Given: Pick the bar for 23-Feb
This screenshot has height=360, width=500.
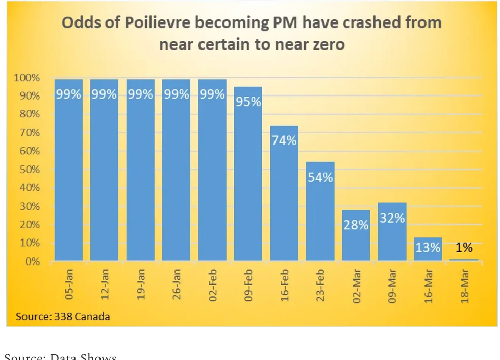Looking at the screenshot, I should [320, 211].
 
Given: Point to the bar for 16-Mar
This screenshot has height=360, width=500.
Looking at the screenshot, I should [428, 250].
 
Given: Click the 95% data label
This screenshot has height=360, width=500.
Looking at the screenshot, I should [248, 102].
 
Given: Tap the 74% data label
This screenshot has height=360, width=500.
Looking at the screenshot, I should [284, 140].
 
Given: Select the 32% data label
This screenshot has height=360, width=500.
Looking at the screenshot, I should [392, 218].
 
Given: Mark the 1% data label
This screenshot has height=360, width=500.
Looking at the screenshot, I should [464, 248].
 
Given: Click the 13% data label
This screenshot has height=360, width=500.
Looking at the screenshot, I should [428, 248].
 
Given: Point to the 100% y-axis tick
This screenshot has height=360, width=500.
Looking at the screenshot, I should [27, 78].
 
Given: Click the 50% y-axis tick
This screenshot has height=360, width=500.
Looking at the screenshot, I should [29, 170].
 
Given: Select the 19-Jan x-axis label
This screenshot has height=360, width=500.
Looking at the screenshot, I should [141, 284].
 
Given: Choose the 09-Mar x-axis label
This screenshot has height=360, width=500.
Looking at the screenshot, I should [392, 284].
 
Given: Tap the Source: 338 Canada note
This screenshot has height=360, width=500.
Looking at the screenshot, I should [63, 316].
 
